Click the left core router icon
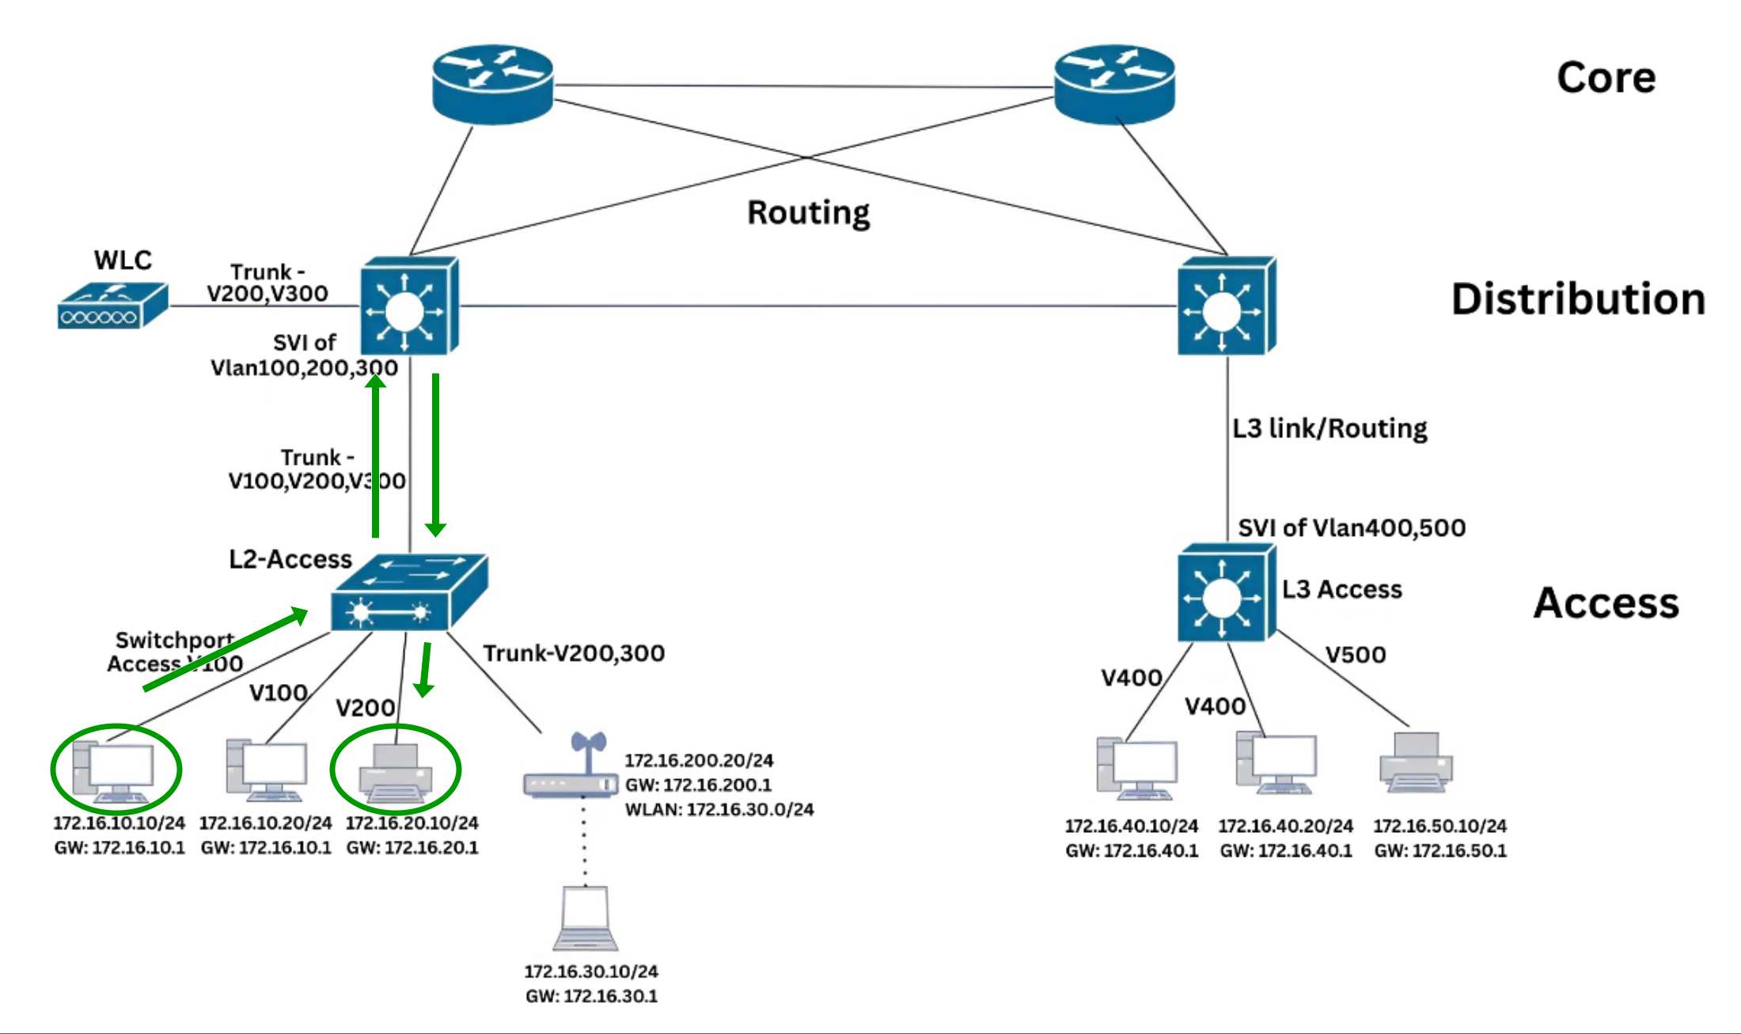click(492, 84)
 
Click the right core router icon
click(1114, 84)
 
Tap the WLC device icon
click(112, 306)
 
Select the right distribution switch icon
click(1226, 306)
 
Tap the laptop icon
click(585, 918)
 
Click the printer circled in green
click(395, 773)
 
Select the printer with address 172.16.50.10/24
click(1416, 762)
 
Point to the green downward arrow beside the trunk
click(435, 455)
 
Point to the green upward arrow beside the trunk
click(376, 455)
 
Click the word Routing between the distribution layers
click(808, 212)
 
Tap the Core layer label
click(1606, 78)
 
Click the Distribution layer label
click(1578, 299)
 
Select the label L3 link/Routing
click(1329, 428)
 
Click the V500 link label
click(1356, 655)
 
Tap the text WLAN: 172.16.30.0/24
click(719, 810)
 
